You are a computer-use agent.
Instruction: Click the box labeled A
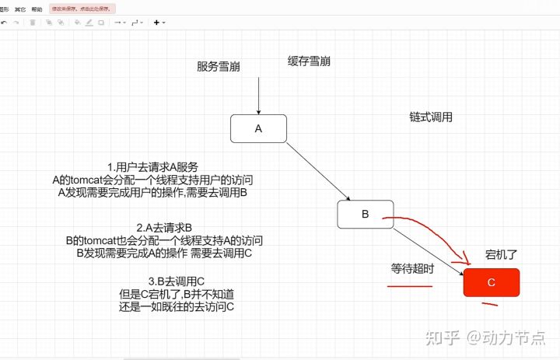(258, 128)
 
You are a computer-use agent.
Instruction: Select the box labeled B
(365, 213)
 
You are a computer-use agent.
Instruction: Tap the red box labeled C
(491, 283)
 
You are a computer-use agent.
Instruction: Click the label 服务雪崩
(218, 66)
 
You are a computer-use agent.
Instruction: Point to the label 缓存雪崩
(309, 61)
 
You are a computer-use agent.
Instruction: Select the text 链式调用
(431, 117)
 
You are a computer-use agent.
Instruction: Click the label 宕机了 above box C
(501, 253)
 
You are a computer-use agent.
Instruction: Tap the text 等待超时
(412, 268)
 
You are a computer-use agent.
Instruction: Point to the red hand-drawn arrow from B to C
(436, 233)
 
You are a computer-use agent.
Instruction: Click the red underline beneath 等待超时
(410, 285)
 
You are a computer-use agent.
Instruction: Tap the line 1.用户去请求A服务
(152, 167)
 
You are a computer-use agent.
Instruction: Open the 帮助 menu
(37, 9)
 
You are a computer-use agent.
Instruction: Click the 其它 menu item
(20, 9)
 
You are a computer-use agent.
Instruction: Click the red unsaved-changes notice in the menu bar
(82, 9)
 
